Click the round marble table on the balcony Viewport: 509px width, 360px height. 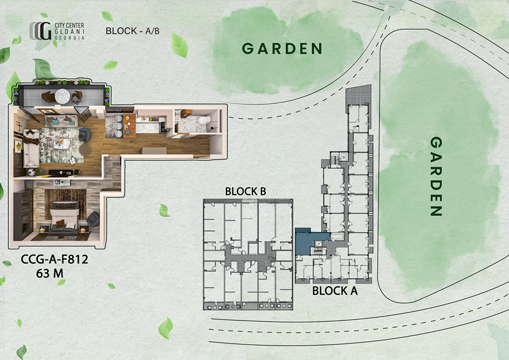tap(62, 96)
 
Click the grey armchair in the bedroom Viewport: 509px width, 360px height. tap(93, 219)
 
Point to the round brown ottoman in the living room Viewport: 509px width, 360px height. tap(84, 150)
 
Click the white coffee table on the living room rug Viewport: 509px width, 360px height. tap(61, 144)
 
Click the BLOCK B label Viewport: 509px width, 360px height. tap(246, 191)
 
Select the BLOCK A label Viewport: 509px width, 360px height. tap(335, 291)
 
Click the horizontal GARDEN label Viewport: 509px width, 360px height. tap(282, 49)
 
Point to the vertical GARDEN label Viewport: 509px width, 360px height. tap(436, 176)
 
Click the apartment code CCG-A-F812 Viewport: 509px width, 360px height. tap(54, 259)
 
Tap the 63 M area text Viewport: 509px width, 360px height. tap(50, 273)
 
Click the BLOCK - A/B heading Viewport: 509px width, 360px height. tap(132, 31)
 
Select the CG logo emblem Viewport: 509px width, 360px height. tap(41, 31)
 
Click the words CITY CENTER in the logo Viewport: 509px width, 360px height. tap(69, 25)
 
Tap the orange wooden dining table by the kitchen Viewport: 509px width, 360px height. tap(129, 125)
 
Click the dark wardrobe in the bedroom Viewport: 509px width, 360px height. tap(23, 214)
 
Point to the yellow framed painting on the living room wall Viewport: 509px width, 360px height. tap(17, 146)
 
